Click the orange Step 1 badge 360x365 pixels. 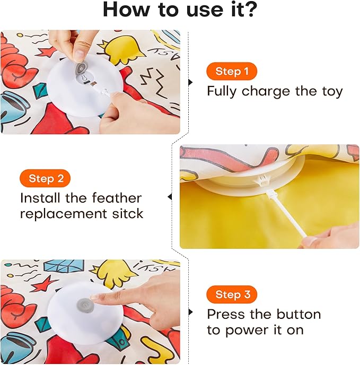[x=232, y=71]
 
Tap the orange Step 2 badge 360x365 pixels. [x=45, y=178]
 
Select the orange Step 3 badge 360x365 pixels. [x=232, y=294]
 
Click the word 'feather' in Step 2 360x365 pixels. [x=117, y=198]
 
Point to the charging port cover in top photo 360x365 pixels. [x=82, y=68]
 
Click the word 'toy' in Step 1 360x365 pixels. [x=331, y=91]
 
